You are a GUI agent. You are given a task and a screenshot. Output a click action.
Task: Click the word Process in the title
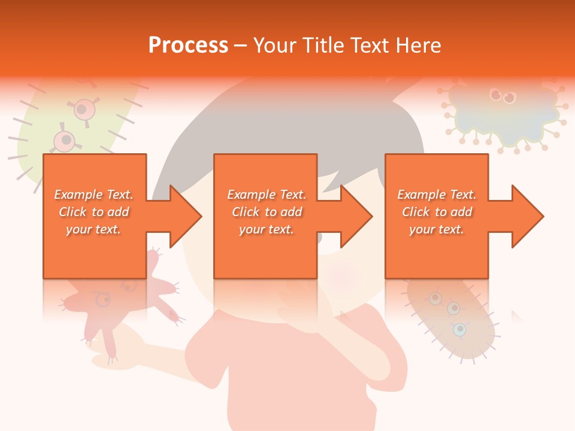[188, 45]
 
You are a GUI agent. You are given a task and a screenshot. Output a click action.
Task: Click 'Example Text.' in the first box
[93, 195]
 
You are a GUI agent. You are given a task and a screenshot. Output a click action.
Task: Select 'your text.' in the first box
[93, 229]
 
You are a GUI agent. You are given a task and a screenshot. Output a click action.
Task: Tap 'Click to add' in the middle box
[267, 212]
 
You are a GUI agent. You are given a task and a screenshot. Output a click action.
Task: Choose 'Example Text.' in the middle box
[267, 195]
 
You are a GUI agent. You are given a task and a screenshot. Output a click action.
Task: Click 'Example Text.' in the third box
[437, 195]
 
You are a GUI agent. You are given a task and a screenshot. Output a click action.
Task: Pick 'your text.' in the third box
[437, 229]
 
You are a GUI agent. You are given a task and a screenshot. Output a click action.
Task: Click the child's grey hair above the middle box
[287, 126]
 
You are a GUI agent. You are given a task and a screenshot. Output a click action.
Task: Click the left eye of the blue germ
[495, 94]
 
